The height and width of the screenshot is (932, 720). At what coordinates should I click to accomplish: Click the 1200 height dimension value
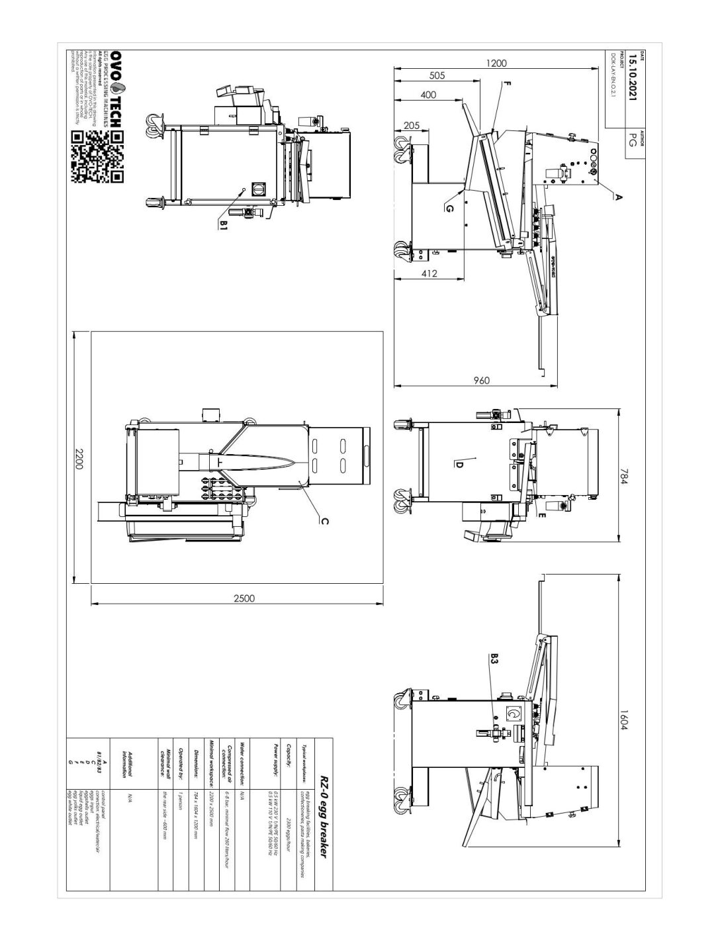496,64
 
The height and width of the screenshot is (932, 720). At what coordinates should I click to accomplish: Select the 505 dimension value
437,75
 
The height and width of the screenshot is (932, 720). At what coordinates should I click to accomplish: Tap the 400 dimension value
428,95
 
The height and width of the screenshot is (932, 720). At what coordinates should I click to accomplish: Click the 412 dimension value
429,273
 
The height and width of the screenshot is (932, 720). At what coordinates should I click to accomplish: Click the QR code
97,157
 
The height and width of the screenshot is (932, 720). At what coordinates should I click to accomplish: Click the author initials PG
633,140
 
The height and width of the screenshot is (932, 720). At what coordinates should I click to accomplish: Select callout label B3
495,660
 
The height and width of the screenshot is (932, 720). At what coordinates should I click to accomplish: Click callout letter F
506,84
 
